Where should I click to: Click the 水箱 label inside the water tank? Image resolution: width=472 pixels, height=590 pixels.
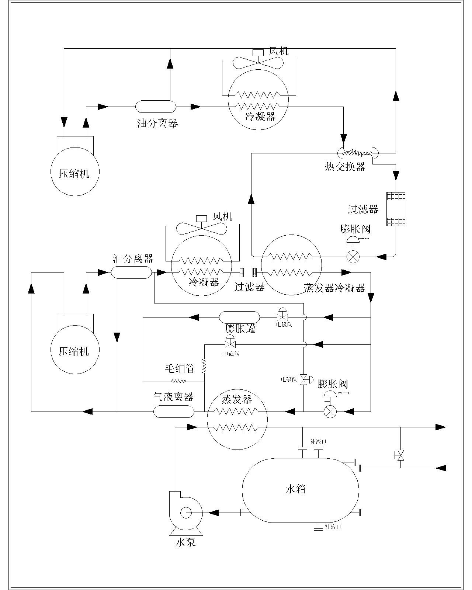click(x=295, y=489)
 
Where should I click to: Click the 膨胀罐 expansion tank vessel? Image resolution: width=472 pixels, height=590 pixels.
click(x=239, y=317)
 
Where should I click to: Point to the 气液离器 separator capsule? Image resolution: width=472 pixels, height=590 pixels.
click(x=173, y=411)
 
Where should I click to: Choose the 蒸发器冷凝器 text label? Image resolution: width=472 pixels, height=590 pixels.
click(x=334, y=288)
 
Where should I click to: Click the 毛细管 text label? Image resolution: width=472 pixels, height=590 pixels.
click(x=180, y=368)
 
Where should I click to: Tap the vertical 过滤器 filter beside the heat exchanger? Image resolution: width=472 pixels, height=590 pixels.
click(x=396, y=209)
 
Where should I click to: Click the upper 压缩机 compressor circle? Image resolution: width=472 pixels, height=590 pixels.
click(x=75, y=172)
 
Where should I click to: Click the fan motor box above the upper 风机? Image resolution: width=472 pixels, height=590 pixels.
click(x=258, y=52)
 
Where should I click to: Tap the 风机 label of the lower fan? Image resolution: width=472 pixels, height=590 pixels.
click(x=222, y=216)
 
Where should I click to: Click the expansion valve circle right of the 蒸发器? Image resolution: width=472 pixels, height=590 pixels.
click(x=330, y=411)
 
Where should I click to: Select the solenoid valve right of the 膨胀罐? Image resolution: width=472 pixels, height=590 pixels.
click(x=282, y=317)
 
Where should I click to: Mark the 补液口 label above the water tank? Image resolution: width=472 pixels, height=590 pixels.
click(x=318, y=441)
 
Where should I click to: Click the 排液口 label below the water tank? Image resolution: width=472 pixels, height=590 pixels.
click(x=333, y=527)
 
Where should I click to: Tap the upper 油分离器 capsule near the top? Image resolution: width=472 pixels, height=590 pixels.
click(x=156, y=107)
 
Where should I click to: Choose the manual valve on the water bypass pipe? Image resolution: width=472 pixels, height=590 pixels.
click(x=400, y=456)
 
